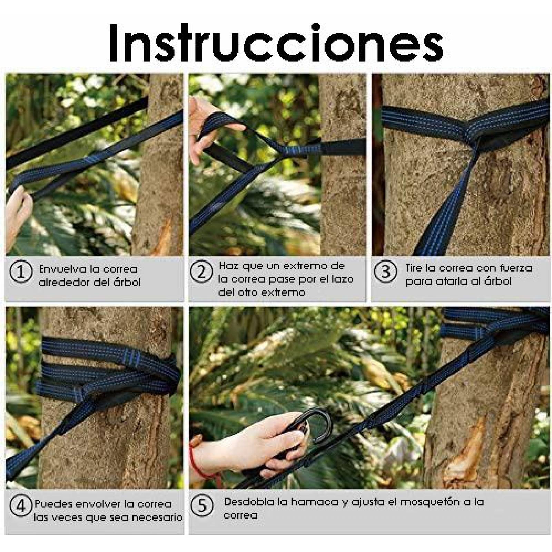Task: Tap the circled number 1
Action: (x=21, y=272)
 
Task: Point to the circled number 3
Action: (x=385, y=272)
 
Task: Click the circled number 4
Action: (x=21, y=506)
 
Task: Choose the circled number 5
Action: (x=202, y=506)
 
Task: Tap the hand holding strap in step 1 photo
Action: (x=17, y=210)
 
